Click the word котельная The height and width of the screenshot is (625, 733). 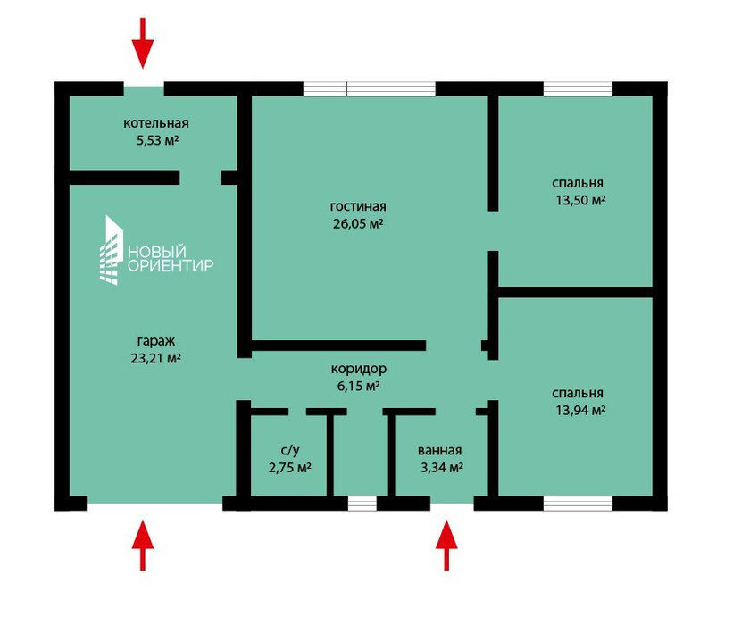156,123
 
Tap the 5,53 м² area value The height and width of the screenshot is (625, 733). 157,140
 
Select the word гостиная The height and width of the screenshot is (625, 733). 358,206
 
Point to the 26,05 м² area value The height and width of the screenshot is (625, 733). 358,223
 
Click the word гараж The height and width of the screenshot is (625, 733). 156,341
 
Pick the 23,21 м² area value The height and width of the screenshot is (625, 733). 155,358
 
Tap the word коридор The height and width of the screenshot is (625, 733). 359,369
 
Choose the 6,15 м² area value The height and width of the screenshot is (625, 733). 358,386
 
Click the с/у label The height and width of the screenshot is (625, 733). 290,450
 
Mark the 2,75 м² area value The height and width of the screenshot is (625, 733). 290,468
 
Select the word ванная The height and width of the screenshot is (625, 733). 439,451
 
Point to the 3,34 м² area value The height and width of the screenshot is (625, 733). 442,468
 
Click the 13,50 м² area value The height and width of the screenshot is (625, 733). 580,200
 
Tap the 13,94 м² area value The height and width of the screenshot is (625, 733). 580,411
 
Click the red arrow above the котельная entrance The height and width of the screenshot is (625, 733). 143,43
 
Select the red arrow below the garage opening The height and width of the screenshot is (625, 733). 143,546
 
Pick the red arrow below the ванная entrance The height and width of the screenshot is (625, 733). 446,546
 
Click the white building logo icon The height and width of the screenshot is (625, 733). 112,250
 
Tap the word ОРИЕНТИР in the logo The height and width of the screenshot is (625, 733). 171,265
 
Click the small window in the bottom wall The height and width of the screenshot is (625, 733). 362,503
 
